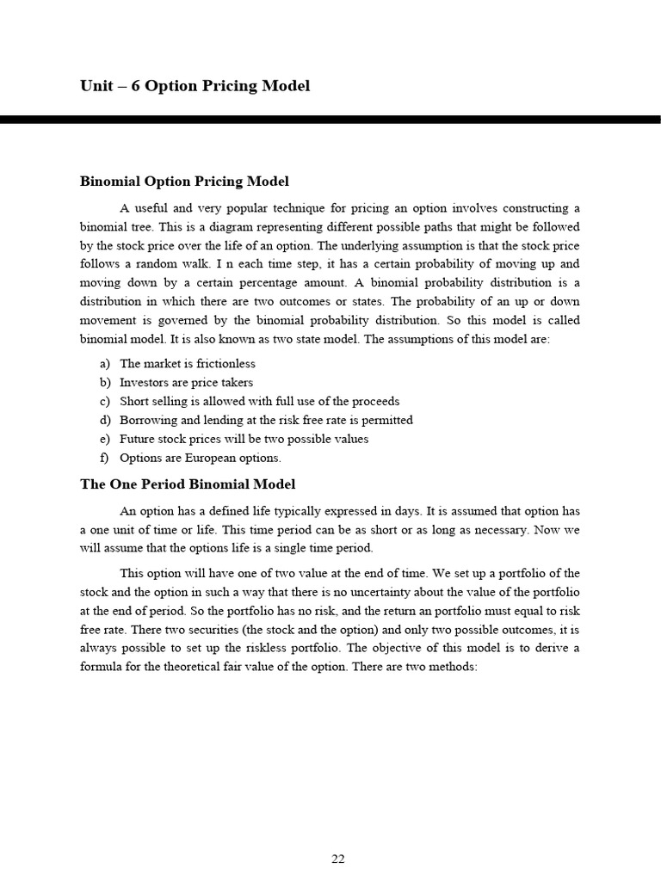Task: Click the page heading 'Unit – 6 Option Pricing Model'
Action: (195, 86)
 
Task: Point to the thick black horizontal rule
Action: (330, 120)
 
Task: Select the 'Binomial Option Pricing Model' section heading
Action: (184, 182)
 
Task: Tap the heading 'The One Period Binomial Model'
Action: (188, 484)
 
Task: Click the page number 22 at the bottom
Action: (337, 859)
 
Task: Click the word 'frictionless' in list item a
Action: (225, 364)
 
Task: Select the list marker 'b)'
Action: (105, 383)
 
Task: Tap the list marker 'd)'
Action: (105, 421)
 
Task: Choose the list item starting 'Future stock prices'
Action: (244, 440)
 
